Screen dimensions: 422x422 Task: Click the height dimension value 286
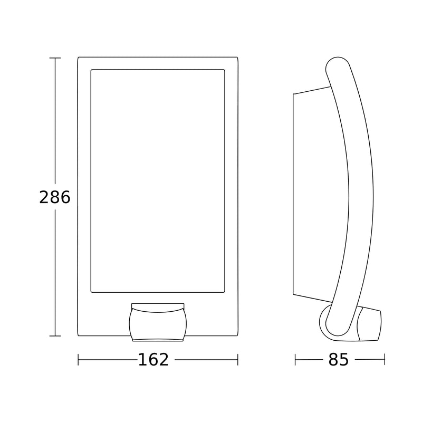click(x=55, y=197)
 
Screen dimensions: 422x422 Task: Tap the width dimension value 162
click(x=153, y=360)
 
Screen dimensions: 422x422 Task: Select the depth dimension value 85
click(x=339, y=360)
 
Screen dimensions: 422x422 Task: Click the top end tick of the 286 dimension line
click(x=55, y=58)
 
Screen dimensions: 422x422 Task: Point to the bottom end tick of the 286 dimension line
click(x=55, y=336)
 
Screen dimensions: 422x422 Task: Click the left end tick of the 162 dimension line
click(x=78, y=360)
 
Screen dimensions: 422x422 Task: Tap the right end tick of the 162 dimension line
click(x=238, y=360)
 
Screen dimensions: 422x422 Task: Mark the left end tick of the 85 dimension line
click(x=295, y=360)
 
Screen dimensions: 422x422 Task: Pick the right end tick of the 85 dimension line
click(x=385, y=360)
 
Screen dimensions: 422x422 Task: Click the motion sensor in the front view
click(x=158, y=325)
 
